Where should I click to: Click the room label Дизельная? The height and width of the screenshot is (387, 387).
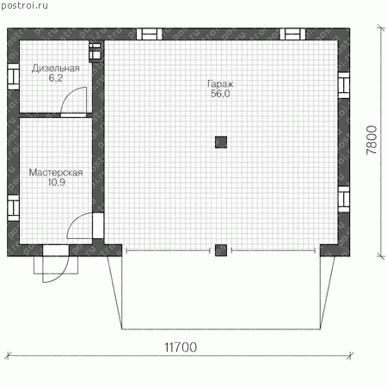[56, 69]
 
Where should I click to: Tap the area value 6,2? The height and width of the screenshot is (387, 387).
[56, 78]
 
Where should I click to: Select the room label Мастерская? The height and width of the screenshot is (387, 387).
[56, 173]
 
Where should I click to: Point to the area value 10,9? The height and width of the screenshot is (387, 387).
[57, 182]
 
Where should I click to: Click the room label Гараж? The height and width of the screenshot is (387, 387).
[220, 84]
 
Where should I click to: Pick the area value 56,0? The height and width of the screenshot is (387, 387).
[220, 94]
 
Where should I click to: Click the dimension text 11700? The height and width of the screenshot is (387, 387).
[181, 347]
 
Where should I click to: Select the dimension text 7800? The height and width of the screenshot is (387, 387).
[372, 140]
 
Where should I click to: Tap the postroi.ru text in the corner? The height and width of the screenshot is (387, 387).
[24, 6]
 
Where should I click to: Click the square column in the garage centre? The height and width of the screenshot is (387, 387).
[221, 142]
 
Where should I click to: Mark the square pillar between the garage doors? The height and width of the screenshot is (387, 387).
[221, 250]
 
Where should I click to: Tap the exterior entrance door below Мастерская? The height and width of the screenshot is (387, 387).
[56, 263]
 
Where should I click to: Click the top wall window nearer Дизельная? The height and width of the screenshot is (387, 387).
[149, 34]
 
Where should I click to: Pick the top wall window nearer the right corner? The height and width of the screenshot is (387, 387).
[292, 34]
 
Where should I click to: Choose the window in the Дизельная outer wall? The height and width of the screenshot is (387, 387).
[13, 77]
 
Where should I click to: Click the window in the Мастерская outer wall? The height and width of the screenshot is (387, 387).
[13, 208]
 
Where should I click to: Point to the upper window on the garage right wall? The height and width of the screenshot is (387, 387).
[344, 85]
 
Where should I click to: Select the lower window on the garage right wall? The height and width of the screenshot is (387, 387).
[344, 200]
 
